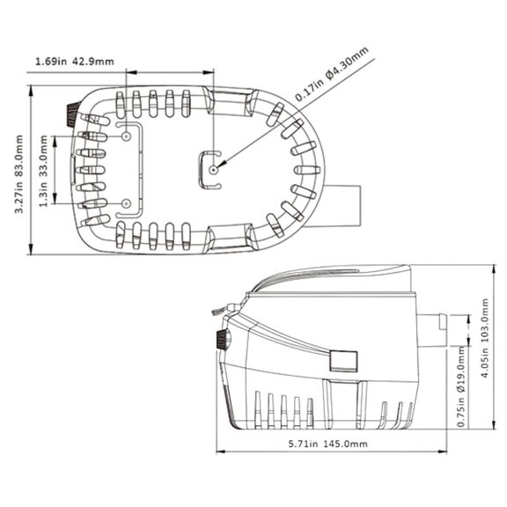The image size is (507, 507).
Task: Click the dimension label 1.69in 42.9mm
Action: pos(74,62)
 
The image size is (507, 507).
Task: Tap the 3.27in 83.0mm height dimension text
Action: pos(19,174)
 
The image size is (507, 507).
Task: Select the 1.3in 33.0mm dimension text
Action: pos(43,171)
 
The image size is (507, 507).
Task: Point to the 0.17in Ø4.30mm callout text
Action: pos(332,74)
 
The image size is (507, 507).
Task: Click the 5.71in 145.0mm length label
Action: pos(327,444)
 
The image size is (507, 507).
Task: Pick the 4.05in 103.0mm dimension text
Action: pos(485,338)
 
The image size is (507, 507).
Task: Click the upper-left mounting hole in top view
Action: pos(126,136)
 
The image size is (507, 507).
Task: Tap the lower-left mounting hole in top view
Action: pos(126,203)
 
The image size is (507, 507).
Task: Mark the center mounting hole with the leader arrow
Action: pos(213,169)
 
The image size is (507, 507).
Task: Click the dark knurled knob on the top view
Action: pos(73,114)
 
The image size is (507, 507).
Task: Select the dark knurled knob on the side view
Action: pos(223,339)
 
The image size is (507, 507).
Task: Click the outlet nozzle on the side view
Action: pos(431,330)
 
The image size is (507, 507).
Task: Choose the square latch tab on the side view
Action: pos(343,361)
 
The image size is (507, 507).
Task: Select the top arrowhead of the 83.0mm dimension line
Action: pos(31,92)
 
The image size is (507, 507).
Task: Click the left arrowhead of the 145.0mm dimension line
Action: pos(222,452)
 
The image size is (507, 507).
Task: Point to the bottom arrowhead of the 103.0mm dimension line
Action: pos(494,424)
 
